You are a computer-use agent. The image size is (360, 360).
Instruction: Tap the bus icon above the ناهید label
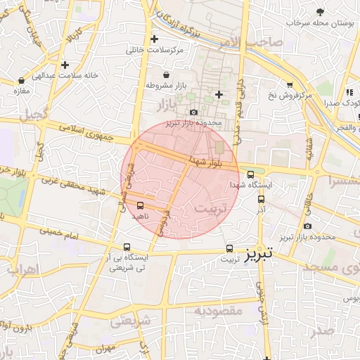point(139,206)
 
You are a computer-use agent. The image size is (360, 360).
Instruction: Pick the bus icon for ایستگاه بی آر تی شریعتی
point(127,247)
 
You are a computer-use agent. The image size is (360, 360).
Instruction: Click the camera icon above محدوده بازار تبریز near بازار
point(194,112)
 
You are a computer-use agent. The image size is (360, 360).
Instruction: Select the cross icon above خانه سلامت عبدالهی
point(65,65)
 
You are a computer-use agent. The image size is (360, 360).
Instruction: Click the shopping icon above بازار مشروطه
point(166,75)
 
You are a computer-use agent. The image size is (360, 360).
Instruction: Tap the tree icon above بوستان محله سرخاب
point(321,12)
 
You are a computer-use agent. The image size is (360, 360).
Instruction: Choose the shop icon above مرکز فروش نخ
point(289,84)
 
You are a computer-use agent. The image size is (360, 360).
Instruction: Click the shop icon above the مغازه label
point(21,80)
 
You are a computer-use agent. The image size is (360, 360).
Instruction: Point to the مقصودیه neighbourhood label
point(218,310)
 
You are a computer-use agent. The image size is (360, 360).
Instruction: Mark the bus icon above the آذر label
point(261,198)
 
